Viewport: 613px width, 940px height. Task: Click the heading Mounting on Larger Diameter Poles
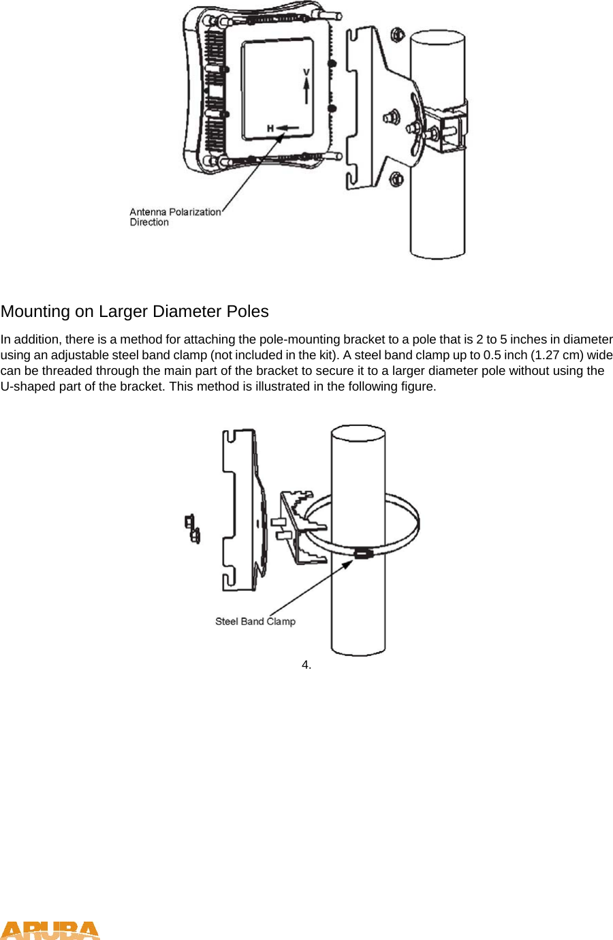134,312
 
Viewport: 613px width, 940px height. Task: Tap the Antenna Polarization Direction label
174,217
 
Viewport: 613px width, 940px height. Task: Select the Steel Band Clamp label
255,621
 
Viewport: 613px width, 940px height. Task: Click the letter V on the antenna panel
306,72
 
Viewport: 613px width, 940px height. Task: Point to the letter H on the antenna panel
270,128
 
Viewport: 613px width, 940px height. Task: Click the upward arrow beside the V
306,91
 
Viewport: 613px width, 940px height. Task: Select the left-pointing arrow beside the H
288,128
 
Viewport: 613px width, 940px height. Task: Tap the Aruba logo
50,930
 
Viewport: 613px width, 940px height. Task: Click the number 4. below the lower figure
306,665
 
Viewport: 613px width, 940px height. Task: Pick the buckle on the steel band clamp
363,553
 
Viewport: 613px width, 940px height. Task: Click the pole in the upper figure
437,204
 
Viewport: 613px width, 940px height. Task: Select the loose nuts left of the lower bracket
192,529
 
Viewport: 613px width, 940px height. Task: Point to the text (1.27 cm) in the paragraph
556,355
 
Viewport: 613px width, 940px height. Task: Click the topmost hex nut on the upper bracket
397,34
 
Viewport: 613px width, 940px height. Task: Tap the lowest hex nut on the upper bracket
396,180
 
